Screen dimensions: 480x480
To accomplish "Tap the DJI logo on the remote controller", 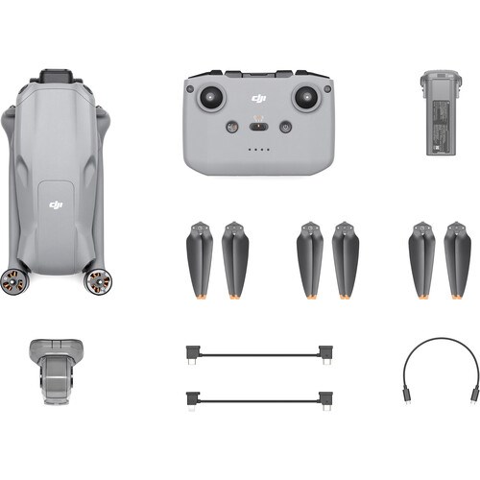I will click(x=257, y=98).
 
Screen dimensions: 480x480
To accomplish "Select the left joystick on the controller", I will click(x=210, y=97).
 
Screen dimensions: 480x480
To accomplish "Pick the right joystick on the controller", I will click(x=304, y=97).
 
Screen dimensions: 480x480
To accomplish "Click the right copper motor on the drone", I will click(x=98, y=280).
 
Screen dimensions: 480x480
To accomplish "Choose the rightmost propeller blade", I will click(x=457, y=259).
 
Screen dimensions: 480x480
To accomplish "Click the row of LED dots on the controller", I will click(x=257, y=150).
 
